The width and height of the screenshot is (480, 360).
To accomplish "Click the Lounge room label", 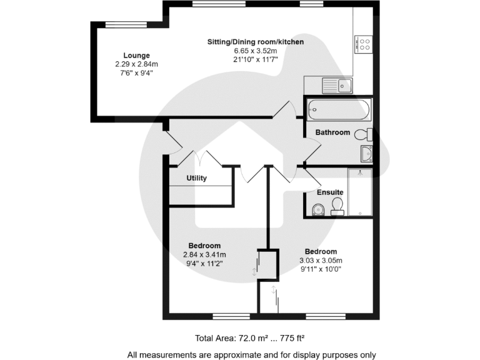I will point(136,56).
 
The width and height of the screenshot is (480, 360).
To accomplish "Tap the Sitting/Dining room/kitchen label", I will point(256,42).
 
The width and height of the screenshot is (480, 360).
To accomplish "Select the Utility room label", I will point(196,178).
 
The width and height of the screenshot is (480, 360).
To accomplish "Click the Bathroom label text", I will point(332,132).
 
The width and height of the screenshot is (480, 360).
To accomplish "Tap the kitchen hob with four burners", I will point(364,44).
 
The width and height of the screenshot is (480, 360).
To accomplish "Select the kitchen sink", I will point(337,85).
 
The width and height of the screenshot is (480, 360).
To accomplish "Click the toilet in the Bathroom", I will point(363,134).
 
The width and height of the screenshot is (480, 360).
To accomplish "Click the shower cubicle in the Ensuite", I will point(360,192).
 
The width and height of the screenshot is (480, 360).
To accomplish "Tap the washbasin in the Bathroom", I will point(367,153).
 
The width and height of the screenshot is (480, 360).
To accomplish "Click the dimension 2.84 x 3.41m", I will point(204,255).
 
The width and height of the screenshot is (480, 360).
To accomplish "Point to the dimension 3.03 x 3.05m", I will point(321,261).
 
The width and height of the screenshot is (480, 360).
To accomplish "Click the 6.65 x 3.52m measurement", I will point(256,51).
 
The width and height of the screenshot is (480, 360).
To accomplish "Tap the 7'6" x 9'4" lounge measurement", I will point(136,72).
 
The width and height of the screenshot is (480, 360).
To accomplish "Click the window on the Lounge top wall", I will point(117,24).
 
